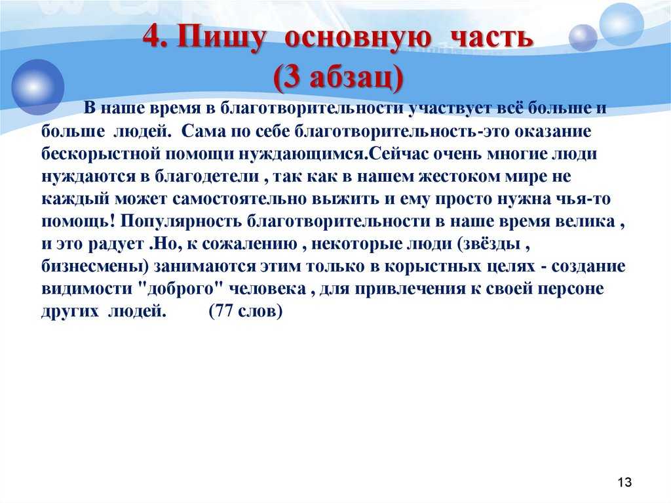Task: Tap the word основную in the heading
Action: point(357,37)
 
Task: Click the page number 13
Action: point(624,482)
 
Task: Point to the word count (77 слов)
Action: point(246,311)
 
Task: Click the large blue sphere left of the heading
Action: point(37,87)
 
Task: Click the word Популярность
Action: point(182,222)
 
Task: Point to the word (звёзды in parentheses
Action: point(489,244)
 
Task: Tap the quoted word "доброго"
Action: point(182,289)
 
